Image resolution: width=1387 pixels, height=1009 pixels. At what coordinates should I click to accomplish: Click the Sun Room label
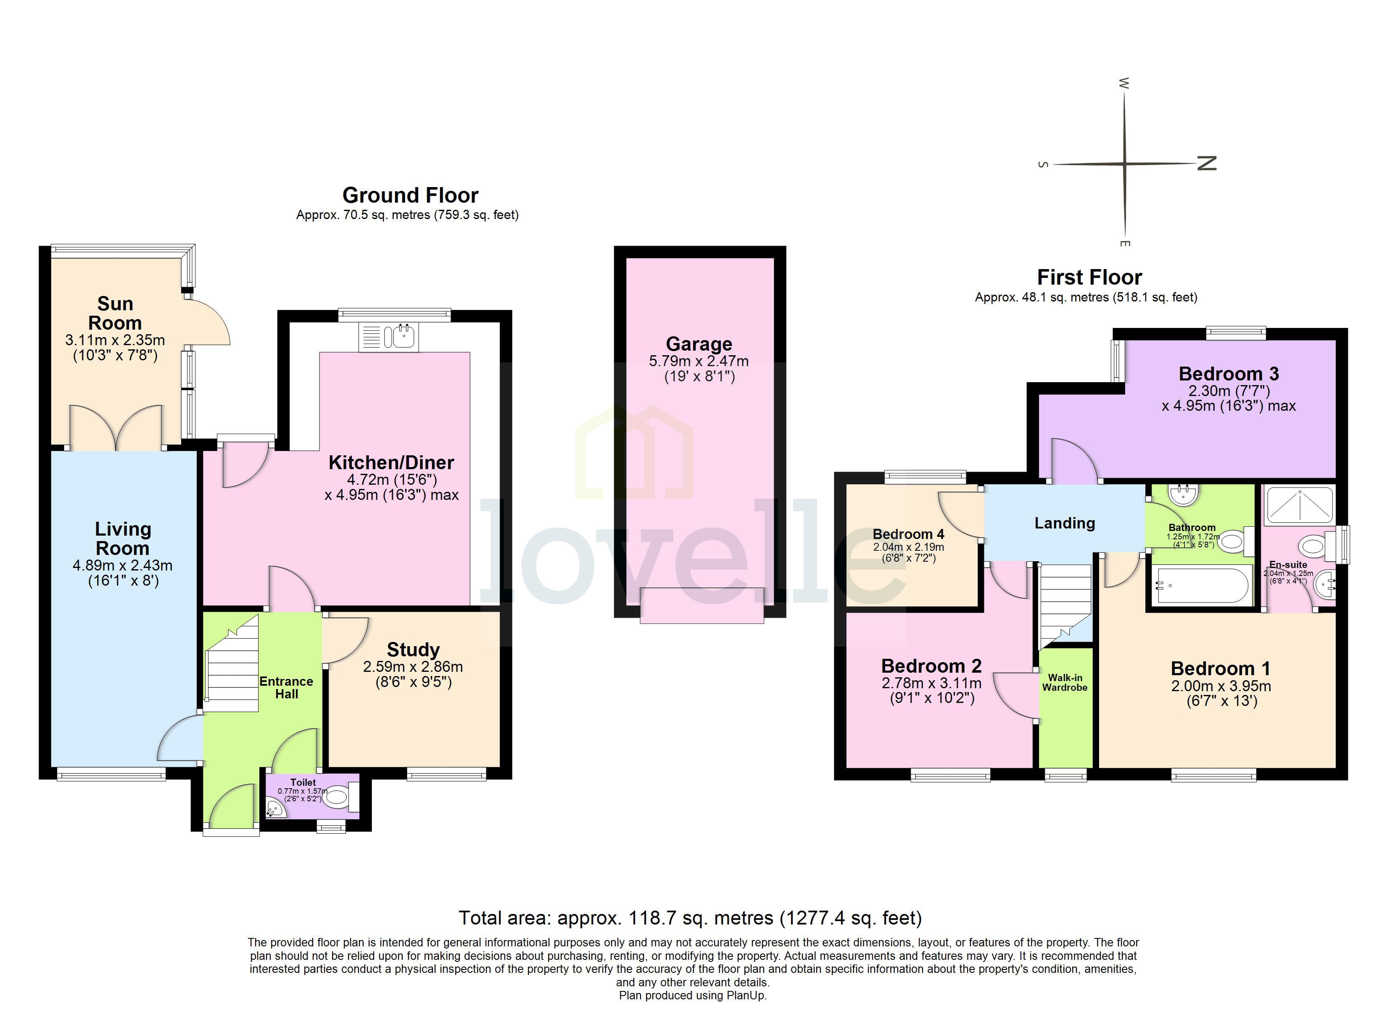(x=115, y=313)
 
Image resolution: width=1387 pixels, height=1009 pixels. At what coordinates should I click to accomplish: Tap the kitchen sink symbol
(x=389, y=336)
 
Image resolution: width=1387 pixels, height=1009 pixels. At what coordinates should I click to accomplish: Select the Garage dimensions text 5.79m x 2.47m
(x=699, y=361)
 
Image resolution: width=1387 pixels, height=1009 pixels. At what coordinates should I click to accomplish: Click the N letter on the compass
(x=1207, y=164)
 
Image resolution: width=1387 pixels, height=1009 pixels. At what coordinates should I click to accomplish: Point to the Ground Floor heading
(x=410, y=195)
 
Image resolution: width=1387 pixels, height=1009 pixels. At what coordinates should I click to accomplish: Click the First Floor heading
(x=1089, y=277)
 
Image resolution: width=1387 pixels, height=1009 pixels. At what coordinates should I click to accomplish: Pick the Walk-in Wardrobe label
(x=1065, y=682)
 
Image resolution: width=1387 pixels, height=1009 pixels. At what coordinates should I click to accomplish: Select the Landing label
(x=1064, y=523)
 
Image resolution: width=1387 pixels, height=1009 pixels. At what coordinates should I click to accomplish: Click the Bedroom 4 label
(x=908, y=534)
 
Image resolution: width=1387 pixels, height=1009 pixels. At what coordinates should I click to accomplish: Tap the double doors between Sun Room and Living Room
(x=116, y=428)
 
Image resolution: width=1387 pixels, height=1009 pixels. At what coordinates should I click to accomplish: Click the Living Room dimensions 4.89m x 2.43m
(x=122, y=565)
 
